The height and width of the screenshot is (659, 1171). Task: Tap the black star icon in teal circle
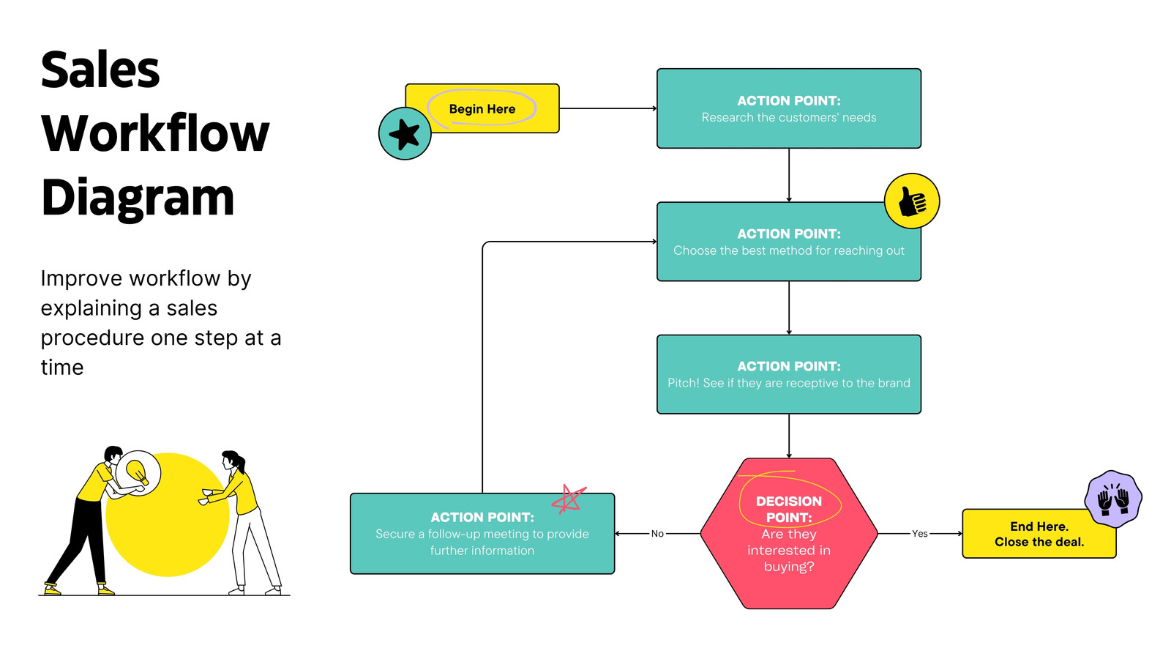(405, 134)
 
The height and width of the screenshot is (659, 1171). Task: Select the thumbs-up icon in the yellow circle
(912, 201)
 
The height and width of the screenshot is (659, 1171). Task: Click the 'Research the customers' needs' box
(789, 108)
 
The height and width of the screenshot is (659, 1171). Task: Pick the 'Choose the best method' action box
(789, 242)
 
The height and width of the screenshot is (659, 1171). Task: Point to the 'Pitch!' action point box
(789, 374)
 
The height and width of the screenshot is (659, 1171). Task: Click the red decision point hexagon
(789, 534)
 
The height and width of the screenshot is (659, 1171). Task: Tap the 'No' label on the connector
(657, 534)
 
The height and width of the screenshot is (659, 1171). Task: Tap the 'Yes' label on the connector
(919, 534)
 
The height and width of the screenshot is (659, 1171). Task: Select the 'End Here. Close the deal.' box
(1039, 534)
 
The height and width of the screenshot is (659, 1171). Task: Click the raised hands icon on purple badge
(1113, 499)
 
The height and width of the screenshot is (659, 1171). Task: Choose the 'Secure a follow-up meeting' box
(482, 534)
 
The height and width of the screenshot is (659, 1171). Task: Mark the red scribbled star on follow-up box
(568, 499)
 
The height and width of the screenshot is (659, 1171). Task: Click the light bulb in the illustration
(138, 472)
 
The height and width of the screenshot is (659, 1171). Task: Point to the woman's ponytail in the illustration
(241, 462)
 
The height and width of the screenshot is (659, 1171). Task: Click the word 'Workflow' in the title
(155, 134)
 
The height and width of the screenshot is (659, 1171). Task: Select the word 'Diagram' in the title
(138, 198)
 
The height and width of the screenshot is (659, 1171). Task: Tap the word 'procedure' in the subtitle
(92, 338)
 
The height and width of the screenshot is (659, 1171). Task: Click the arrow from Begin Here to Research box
(608, 108)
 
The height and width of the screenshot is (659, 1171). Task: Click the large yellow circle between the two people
(168, 515)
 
